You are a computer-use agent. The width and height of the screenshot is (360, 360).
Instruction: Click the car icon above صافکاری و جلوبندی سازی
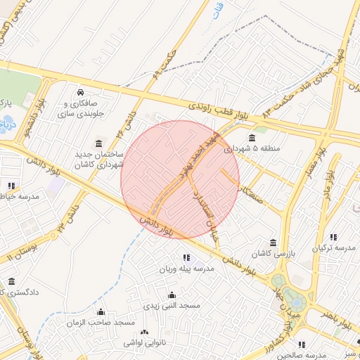click(82, 92)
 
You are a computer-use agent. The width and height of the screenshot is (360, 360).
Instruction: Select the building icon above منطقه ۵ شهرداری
click(252, 137)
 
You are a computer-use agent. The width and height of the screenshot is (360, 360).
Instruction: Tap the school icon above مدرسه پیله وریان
click(186, 257)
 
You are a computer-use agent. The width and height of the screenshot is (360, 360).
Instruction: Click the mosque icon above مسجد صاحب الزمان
click(101, 311)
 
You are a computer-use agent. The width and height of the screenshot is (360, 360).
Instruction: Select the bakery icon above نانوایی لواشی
click(145, 332)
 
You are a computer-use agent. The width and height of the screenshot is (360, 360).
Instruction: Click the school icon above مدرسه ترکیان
click(333, 237)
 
